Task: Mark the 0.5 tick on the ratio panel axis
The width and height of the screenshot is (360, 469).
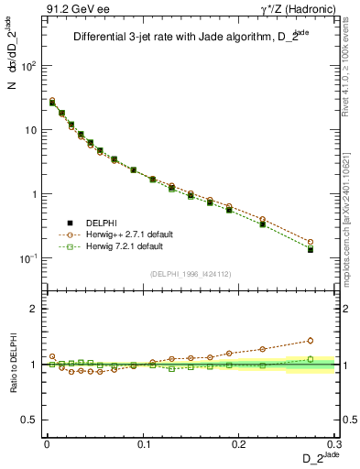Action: click(32, 420)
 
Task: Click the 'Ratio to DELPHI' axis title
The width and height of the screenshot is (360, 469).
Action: click(13, 363)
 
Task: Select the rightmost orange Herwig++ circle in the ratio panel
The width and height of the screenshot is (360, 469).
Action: click(311, 340)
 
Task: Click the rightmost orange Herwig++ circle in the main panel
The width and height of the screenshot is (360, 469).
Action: click(311, 242)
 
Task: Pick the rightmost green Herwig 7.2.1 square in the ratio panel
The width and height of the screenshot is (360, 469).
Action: click(311, 359)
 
